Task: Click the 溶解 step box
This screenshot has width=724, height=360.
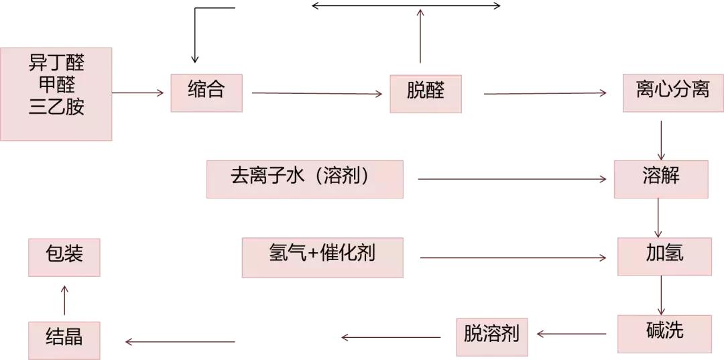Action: click(x=661, y=178)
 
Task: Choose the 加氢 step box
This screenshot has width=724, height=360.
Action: click(x=664, y=256)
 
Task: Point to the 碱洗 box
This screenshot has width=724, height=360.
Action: click(x=664, y=333)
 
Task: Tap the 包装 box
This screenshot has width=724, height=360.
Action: click(x=64, y=257)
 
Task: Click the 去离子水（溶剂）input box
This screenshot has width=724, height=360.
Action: click(x=305, y=178)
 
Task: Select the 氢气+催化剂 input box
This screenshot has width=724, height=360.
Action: click(x=322, y=257)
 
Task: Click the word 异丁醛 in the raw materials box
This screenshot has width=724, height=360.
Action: click(x=56, y=64)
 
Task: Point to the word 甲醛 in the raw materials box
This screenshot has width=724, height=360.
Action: click(x=56, y=86)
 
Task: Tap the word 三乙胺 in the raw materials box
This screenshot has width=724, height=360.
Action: click(x=56, y=107)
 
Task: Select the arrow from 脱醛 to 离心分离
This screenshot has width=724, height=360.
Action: click(x=545, y=93)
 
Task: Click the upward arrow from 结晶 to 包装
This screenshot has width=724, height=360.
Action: click(x=64, y=299)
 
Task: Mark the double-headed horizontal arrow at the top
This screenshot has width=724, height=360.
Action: click(x=406, y=5)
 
